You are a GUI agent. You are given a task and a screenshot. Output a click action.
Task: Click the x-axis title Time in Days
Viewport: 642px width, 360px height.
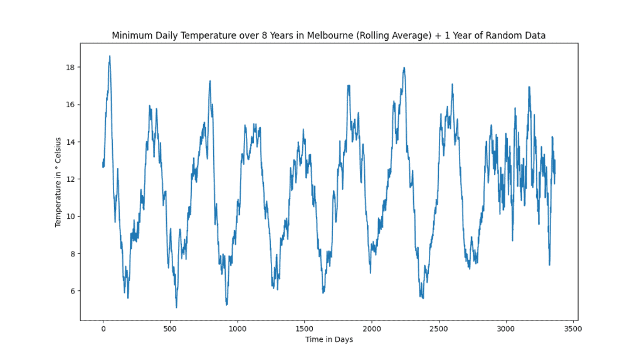pos(329,339)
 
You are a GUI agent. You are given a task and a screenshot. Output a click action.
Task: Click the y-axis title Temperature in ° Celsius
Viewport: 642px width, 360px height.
pos(58,182)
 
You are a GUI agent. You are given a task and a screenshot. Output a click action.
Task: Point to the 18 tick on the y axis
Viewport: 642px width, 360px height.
pos(71,67)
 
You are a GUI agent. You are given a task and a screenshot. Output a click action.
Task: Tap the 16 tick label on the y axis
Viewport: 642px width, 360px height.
pos(71,105)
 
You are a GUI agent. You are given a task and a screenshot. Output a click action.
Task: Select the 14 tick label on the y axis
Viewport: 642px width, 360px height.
pos(71,142)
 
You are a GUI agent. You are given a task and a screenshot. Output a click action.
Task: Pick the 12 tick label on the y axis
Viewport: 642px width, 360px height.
pos(71,179)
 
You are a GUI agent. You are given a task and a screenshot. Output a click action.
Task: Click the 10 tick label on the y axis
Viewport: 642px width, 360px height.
pos(71,216)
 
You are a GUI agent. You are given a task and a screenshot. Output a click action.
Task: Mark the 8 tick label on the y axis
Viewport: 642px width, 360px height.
pos(73,254)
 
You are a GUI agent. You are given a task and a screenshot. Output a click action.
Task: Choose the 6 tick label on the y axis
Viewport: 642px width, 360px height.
pos(73,291)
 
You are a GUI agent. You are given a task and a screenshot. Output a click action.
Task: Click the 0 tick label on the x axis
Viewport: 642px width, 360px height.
pos(103,328)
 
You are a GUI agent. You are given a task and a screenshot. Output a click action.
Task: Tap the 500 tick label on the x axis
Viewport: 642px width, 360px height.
pos(171,328)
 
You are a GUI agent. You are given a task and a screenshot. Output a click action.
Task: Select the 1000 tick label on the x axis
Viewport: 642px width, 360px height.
pos(238,328)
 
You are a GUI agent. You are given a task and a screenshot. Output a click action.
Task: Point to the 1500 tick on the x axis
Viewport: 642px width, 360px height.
pos(305,328)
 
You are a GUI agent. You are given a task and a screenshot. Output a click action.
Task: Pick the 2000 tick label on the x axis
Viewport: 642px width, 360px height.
pos(372,328)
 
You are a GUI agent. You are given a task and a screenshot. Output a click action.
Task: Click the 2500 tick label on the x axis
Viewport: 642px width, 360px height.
pos(439,328)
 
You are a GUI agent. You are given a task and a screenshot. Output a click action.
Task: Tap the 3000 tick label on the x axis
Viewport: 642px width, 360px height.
pos(506,328)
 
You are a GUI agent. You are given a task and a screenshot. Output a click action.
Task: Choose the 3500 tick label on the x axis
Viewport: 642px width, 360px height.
pos(573,328)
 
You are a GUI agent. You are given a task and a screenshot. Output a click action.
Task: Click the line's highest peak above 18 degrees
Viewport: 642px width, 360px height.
pos(110,56)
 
